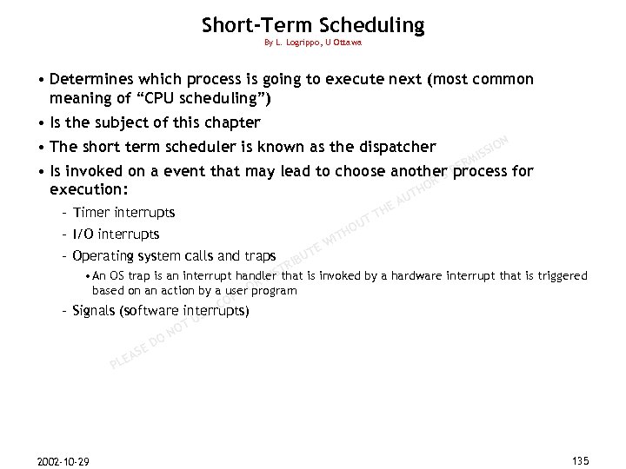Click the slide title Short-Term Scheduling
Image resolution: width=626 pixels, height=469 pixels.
click(313, 25)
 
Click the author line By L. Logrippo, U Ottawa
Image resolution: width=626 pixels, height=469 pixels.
click(313, 43)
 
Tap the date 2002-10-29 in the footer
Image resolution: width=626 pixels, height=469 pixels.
click(63, 459)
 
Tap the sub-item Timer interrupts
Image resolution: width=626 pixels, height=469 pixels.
click(124, 212)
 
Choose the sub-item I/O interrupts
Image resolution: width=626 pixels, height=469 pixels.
click(117, 234)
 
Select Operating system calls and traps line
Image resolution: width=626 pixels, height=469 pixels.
click(174, 255)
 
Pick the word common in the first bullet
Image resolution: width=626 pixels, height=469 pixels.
click(500, 79)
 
